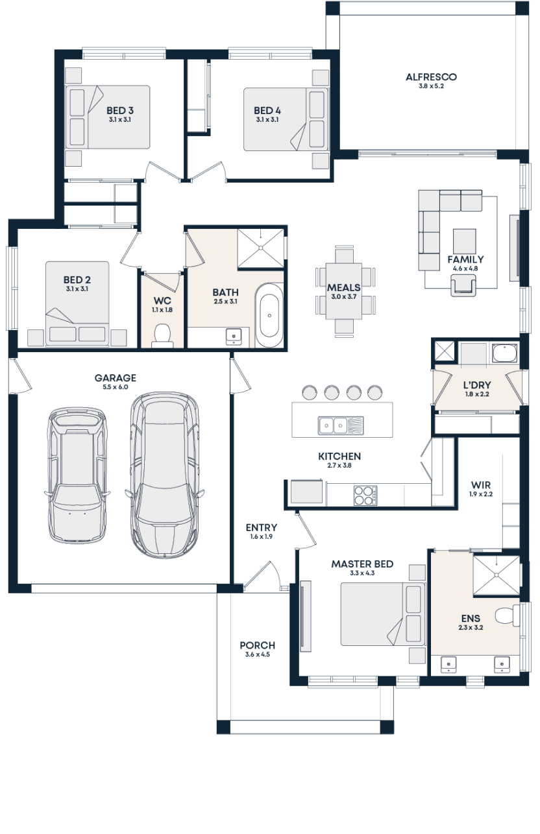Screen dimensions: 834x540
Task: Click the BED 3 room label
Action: [120, 111]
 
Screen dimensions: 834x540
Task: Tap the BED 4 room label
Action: [267, 111]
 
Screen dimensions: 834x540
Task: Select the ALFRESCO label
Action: [431, 77]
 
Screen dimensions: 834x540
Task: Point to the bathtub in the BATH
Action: [269, 315]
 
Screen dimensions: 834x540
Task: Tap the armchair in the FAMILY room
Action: [464, 285]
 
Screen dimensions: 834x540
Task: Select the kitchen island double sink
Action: [334, 425]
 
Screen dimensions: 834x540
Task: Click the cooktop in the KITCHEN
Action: [365, 495]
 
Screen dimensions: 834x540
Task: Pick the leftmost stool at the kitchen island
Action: [309, 392]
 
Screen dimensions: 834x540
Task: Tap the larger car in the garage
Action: [164, 473]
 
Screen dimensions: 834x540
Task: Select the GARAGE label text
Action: [115, 378]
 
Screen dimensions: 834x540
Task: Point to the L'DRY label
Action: [476, 385]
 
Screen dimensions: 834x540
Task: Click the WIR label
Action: [481, 485]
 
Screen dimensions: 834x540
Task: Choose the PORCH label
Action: [257, 645]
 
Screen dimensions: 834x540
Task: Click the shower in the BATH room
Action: [262, 247]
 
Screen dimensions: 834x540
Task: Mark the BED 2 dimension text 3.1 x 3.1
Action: [77, 289]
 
